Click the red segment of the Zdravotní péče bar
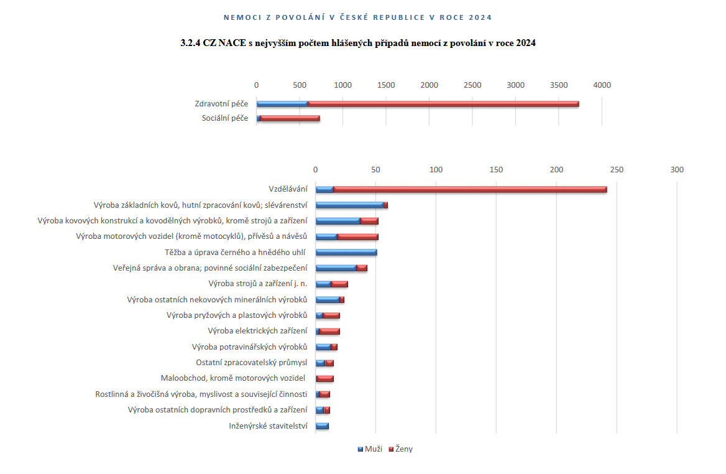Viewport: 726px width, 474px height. [443, 104]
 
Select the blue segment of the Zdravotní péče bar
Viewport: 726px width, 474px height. [282, 104]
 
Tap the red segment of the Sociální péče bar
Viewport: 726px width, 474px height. [290, 118]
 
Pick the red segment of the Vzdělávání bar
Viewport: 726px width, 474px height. [469, 189]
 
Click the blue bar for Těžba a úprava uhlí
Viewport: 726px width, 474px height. [346, 252]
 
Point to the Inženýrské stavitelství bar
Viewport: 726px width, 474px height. [321, 426]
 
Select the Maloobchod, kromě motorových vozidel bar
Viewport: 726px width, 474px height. [324, 378]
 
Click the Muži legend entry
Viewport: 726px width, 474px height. [370, 449]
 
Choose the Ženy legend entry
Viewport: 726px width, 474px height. [400, 449]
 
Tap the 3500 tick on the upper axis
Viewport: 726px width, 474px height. [559, 85]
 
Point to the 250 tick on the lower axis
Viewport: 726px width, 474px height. [617, 170]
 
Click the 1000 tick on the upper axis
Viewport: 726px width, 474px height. [342, 85]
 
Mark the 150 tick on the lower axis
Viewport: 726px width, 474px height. [496, 170]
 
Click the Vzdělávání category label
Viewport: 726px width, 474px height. [288, 189]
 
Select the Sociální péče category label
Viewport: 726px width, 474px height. [225, 118]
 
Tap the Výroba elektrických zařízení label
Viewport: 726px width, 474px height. [257, 331]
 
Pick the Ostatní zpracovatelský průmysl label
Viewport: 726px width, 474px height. [251, 362]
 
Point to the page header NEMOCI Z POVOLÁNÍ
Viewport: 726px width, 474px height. [362, 17]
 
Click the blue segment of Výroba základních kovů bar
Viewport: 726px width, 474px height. [349, 205]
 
